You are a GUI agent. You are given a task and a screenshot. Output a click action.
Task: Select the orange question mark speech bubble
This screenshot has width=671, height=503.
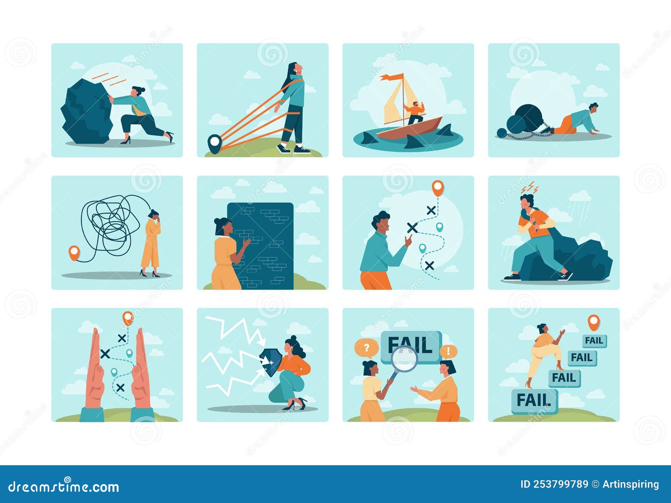pos(366,348)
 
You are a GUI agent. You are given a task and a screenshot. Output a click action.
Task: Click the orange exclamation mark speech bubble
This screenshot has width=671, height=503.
pos(448,351)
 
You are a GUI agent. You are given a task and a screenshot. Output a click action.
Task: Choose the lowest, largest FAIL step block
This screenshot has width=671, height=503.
pos(534,401)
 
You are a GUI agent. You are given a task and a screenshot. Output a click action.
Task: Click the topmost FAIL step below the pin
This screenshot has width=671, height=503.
pos(594,341)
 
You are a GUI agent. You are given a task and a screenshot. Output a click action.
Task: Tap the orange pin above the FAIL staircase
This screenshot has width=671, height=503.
pos(593,322)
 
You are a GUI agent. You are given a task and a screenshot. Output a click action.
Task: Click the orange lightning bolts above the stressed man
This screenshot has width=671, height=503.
pos(529,188)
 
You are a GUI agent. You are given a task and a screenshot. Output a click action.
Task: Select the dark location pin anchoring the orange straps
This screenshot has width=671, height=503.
pos(214,143)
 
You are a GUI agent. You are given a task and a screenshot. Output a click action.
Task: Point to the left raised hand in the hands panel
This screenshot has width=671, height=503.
pos(95,371)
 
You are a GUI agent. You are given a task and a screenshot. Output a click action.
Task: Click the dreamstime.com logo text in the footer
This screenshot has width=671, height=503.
pos(64,487)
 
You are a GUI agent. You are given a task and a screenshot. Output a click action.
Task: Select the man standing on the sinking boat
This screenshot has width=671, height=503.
pos(415,113)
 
